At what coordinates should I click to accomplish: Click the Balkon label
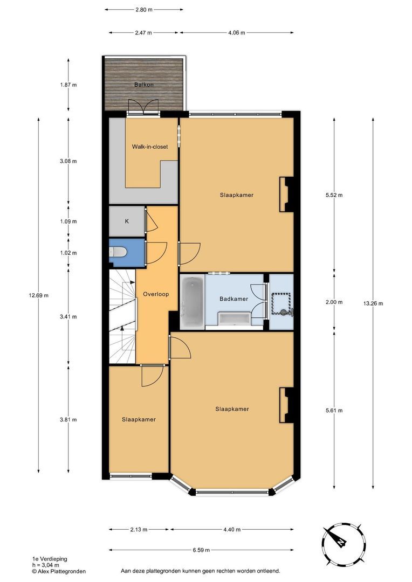click(x=144, y=85)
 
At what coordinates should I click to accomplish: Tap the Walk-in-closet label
click(x=150, y=147)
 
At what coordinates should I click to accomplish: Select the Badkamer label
click(x=234, y=299)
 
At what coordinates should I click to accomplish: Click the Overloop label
click(x=156, y=294)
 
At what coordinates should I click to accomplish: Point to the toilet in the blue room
click(x=118, y=252)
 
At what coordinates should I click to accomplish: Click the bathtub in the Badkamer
click(x=192, y=301)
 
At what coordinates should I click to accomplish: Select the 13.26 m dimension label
click(x=373, y=303)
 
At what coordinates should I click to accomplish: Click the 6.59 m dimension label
click(x=201, y=550)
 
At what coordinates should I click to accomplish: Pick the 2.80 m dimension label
click(x=144, y=10)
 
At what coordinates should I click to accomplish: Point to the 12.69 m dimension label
click(x=39, y=296)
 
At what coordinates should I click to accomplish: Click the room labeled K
click(x=127, y=221)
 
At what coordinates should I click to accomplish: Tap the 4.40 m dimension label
click(x=232, y=530)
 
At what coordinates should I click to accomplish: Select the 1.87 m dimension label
click(x=68, y=85)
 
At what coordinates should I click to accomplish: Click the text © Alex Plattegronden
click(x=59, y=572)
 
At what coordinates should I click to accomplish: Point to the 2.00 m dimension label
click(x=334, y=302)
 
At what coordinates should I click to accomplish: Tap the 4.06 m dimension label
click(x=237, y=33)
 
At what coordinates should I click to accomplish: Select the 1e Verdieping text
click(x=50, y=559)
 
